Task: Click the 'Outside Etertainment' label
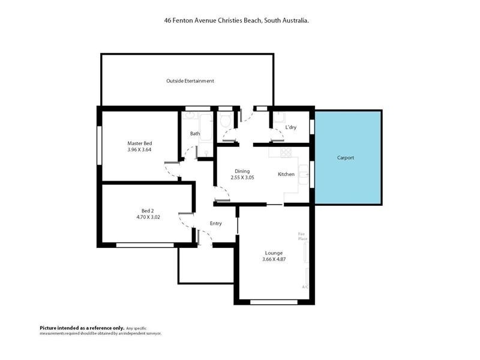pos(190,80)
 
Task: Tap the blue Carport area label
pos(345,158)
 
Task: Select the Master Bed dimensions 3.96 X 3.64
pos(139,149)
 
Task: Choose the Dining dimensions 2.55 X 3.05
pos(242,178)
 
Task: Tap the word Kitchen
pos(286,174)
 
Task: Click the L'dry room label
pos(291,127)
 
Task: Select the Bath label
pos(195,134)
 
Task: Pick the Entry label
pos(216,224)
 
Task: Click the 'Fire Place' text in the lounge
pos(303,236)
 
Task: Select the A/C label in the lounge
pos(305,287)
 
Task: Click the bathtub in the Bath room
pos(206,127)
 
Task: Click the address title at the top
pos(236,20)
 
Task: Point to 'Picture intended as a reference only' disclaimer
pos(82,328)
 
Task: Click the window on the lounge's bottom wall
pos(274,302)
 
